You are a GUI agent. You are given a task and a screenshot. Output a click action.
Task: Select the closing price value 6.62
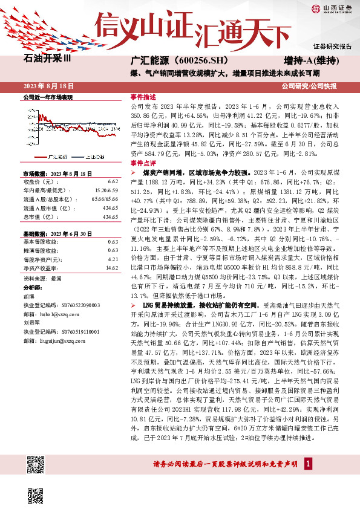click(x=113, y=181)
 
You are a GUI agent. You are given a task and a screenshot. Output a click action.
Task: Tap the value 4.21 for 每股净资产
click(x=113, y=259)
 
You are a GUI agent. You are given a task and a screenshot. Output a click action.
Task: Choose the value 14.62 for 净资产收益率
click(x=111, y=267)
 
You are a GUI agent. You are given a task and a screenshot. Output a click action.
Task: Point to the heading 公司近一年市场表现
click(x=48, y=97)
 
